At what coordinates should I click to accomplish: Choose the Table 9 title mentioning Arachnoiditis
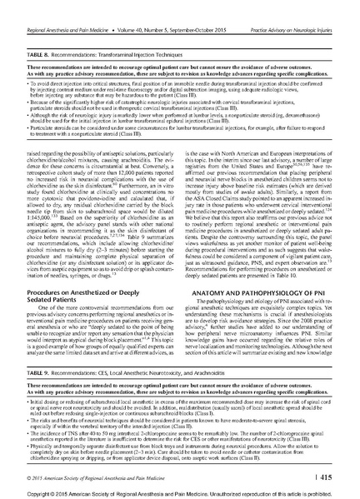click(133, 344)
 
